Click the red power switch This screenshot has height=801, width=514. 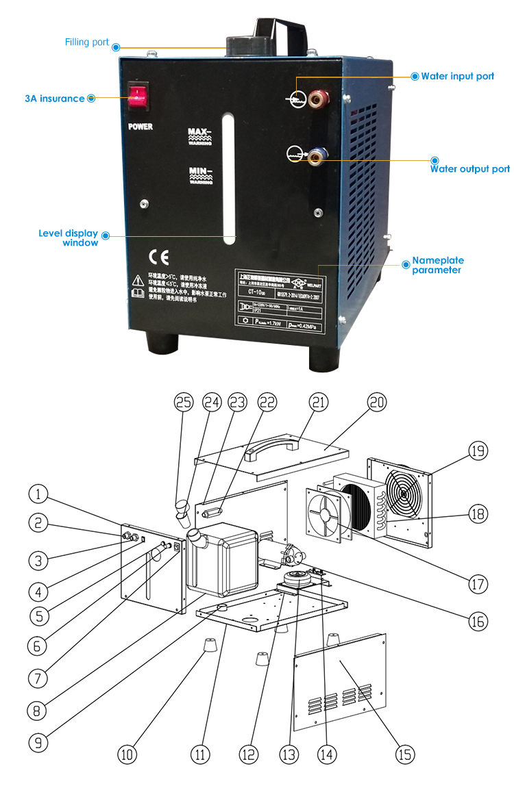[140, 97]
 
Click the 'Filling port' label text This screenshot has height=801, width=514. [87, 42]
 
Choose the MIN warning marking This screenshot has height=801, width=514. [200, 175]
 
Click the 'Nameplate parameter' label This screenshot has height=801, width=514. [437, 266]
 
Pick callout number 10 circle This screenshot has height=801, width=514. [126, 754]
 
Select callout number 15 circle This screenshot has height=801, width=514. [405, 754]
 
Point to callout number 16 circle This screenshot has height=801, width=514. [478, 621]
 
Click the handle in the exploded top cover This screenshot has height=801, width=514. [272, 447]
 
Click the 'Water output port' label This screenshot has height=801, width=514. [469, 169]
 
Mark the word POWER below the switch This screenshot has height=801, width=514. [140, 127]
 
